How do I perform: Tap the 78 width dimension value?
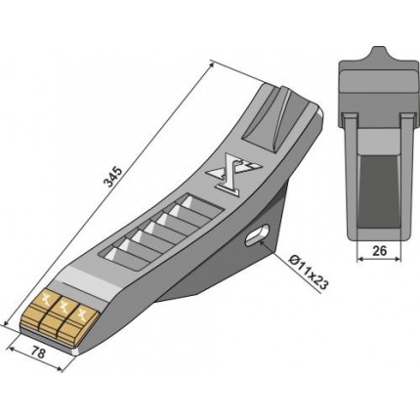point(38,354)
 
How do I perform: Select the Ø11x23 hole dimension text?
point(309,273)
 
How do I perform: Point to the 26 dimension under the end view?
point(380,251)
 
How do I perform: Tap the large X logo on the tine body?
point(233,175)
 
